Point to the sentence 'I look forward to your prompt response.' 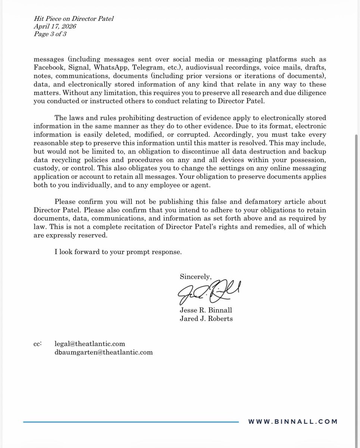(x=118, y=252)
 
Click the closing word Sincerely (x=195, y=277)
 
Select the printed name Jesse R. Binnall (x=206, y=310)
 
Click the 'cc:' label (x=38, y=343)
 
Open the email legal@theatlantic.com (x=90, y=343)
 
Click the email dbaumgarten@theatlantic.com (x=103, y=352)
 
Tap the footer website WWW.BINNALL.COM (x=292, y=422)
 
